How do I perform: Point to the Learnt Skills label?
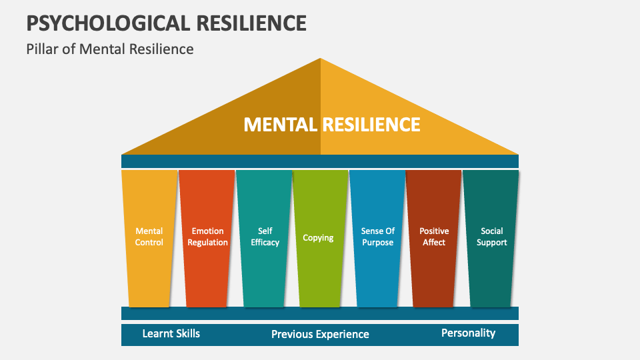coord(171,333)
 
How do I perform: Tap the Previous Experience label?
coord(320,334)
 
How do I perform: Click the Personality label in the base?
coord(468,333)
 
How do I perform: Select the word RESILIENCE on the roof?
coord(371,125)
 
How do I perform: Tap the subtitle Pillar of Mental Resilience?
coord(110,49)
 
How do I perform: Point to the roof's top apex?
coord(321,60)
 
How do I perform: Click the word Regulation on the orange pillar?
coord(207,243)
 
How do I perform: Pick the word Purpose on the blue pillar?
coord(378,243)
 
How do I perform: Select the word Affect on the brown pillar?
coord(434,243)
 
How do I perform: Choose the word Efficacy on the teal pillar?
coord(265,243)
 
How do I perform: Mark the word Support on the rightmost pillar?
coord(492,243)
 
